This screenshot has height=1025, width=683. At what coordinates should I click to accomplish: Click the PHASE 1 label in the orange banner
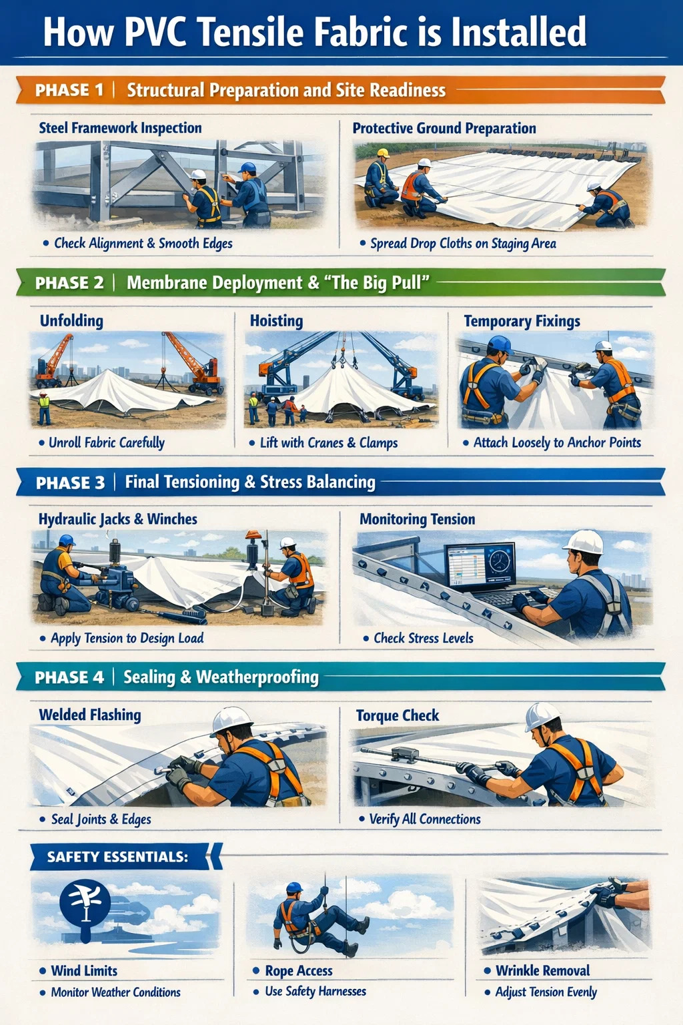click(x=69, y=89)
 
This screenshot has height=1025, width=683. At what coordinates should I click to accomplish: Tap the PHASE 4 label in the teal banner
click(x=69, y=677)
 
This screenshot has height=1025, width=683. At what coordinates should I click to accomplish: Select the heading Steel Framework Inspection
click(x=120, y=127)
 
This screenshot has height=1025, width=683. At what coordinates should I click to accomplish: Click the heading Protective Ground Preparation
click(x=444, y=128)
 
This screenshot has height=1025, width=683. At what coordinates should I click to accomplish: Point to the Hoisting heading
click(x=276, y=321)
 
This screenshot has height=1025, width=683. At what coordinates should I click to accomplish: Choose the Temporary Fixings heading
click(x=522, y=321)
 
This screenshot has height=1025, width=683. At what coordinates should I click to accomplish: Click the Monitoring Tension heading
click(x=418, y=519)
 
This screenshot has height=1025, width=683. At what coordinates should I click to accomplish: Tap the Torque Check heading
click(x=398, y=715)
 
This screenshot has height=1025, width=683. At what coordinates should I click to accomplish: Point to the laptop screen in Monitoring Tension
click(x=480, y=564)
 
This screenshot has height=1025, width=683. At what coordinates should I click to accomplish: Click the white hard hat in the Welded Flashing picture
click(x=232, y=721)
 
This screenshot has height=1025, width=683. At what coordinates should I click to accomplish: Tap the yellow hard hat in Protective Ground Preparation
click(x=383, y=153)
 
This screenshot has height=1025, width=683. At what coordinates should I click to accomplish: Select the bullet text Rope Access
click(x=299, y=970)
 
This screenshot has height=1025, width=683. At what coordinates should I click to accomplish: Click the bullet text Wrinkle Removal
click(x=543, y=970)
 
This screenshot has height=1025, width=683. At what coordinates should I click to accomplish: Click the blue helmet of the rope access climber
click(x=295, y=888)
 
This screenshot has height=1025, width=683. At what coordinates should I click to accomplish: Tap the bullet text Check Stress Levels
click(x=424, y=638)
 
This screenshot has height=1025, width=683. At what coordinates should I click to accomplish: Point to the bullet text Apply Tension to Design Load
click(x=127, y=638)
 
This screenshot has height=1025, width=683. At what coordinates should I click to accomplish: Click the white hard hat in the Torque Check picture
click(x=542, y=717)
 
